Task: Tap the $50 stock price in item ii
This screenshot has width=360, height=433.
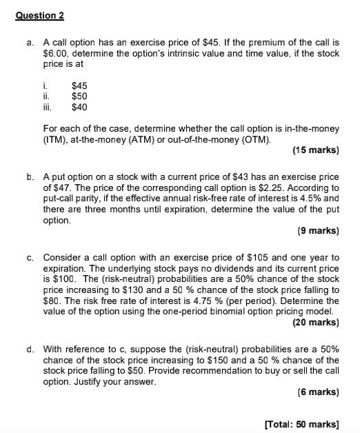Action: pyautogui.click(x=79, y=97)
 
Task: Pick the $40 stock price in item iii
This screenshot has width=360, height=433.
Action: pyautogui.click(x=79, y=108)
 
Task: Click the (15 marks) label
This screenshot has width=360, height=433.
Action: pyautogui.click(x=316, y=150)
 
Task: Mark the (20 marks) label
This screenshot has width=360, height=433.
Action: pyautogui.click(x=316, y=322)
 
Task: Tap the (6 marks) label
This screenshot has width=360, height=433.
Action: pyautogui.click(x=318, y=392)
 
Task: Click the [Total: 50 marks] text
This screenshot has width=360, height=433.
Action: pyautogui.click(x=302, y=423)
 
